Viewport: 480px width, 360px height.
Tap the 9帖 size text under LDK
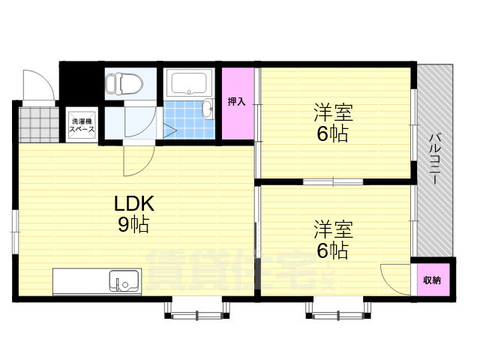[x=134, y=223]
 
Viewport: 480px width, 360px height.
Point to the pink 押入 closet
[x=237, y=103]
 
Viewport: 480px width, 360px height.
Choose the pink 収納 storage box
[x=432, y=280]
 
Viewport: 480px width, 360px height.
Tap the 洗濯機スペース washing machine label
[x=82, y=124]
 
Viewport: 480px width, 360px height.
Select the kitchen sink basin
[x=122, y=282]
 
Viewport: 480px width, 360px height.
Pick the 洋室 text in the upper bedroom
[x=332, y=115]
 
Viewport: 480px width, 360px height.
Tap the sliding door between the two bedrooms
[x=333, y=181]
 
